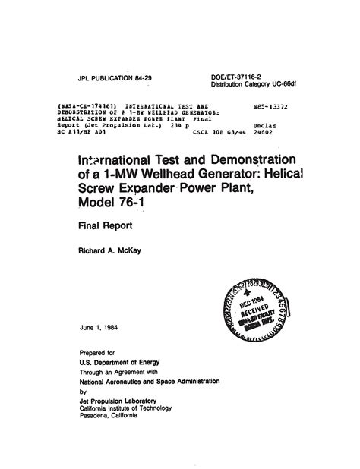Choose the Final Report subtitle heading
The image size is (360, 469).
pos(103,225)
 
